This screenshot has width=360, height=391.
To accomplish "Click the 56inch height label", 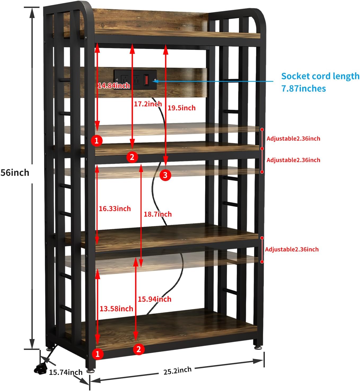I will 15,173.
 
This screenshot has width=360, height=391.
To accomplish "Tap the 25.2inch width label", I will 177,371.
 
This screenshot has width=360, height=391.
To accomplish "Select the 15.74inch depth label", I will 66,372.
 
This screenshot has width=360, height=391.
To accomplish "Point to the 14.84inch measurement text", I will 114,86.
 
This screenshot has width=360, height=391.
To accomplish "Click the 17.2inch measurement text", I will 148,104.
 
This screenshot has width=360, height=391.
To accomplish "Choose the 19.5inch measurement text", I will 182,108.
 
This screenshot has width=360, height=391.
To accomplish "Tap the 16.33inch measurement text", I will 115,209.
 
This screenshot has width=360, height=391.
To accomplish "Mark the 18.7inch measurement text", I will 158,214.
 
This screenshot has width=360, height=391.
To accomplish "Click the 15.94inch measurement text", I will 155,299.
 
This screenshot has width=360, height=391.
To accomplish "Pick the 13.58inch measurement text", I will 116,309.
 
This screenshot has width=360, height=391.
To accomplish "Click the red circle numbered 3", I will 165,175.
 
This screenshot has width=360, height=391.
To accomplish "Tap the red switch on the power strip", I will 146,80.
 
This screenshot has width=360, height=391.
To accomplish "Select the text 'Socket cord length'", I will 320,76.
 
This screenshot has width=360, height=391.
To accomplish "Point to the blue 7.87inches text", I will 304,89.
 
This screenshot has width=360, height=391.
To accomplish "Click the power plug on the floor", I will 40,369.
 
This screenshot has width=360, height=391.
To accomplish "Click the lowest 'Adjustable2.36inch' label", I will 292,249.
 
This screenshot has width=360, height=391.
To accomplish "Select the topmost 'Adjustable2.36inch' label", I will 293,138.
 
